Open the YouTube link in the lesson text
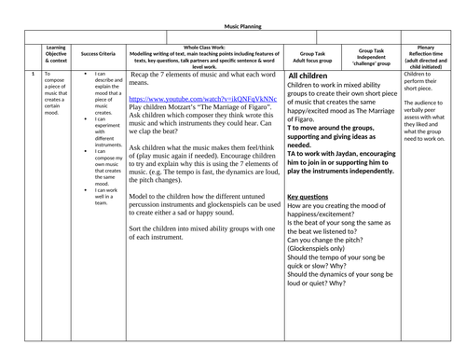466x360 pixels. pos(202,98)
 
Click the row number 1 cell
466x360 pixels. pos(34,74)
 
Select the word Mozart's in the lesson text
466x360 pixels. pos(198,106)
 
